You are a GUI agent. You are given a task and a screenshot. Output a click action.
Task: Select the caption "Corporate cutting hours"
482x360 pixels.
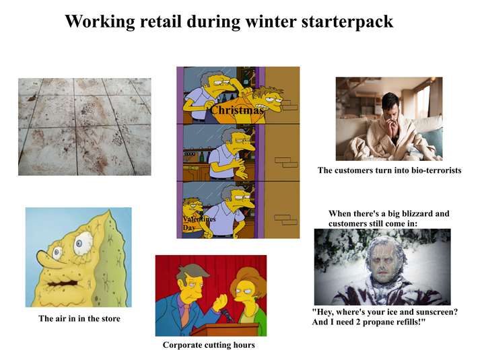(x=209, y=345)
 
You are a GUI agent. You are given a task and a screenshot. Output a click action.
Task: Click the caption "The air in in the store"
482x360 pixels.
(x=79, y=318)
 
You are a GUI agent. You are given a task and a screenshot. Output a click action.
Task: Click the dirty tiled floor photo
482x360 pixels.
(x=84, y=127)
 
